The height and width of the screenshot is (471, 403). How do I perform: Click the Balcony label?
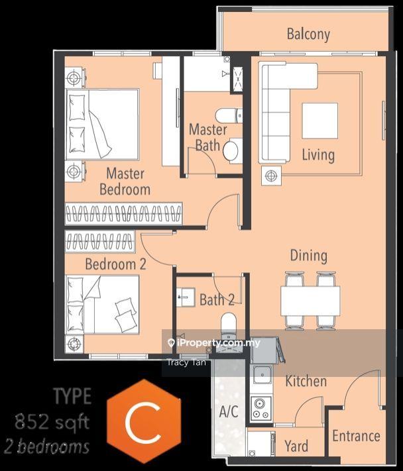(x=308, y=34)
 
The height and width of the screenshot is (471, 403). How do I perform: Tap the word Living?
(x=318, y=155)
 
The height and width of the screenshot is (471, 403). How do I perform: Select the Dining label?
(x=309, y=256)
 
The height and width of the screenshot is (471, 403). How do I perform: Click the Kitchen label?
(x=306, y=381)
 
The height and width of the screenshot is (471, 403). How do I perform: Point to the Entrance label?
(x=356, y=436)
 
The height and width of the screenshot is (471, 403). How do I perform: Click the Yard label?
(x=296, y=446)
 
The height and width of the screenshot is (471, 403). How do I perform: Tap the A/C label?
(x=229, y=411)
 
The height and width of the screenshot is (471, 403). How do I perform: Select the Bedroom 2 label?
(x=116, y=264)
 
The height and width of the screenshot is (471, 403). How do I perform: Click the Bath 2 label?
(x=217, y=300)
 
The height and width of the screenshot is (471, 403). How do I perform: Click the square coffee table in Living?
(x=319, y=121)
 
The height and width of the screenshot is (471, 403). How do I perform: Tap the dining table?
(x=310, y=301)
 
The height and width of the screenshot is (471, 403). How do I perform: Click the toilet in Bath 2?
(x=229, y=325)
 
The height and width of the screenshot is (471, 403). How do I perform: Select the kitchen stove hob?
(x=261, y=408)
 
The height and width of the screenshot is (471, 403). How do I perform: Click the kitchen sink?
(x=262, y=374)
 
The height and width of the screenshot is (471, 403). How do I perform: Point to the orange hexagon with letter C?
(x=144, y=421)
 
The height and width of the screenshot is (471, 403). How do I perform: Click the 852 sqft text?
(x=52, y=422)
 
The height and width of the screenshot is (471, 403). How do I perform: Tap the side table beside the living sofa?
(x=271, y=176)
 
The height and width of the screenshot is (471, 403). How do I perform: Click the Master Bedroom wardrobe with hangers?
(x=123, y=213)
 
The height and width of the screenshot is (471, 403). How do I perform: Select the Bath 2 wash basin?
(x=186, y=297)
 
